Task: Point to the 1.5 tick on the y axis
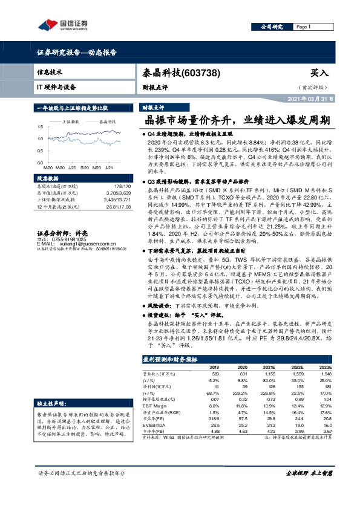(40, 127)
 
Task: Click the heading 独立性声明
(50, 403)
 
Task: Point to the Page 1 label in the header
(304, 27)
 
